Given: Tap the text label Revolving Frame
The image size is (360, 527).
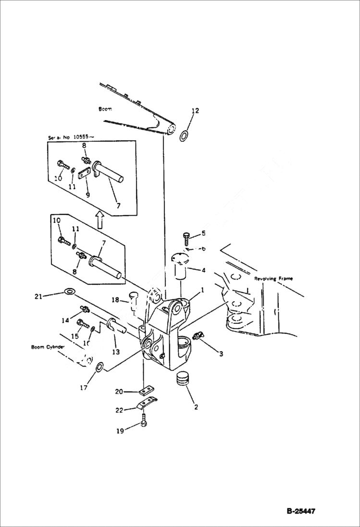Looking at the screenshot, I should point(273,279).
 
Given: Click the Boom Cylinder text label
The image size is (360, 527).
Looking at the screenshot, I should point(48,347).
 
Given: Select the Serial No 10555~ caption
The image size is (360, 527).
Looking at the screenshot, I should point(71,137).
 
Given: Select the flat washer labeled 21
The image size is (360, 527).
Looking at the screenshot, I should point(70,292).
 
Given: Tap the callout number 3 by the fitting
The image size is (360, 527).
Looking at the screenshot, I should point(221,354).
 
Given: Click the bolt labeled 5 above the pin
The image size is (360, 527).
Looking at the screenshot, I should point(187,236).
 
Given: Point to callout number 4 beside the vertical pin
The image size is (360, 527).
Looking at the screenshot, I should point(203,270).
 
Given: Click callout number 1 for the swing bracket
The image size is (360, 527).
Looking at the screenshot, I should point(202,290).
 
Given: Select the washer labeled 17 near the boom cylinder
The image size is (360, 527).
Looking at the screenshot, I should point(99,368).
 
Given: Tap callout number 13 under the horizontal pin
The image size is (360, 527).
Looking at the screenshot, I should point(116,352).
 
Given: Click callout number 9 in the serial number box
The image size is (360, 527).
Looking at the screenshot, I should point(87,195).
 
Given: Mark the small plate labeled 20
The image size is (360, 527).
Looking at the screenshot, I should point(147,389).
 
